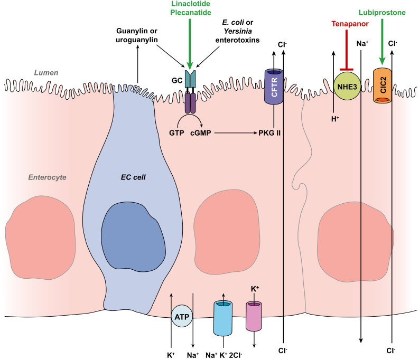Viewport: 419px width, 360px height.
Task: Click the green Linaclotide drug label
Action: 191,4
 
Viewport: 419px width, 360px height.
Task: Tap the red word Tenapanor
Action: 350,24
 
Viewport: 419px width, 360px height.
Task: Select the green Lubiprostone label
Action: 382,13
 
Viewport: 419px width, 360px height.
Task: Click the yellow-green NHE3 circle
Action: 347,86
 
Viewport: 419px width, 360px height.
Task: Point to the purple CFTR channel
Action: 274,87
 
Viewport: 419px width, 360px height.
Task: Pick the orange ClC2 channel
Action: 383,86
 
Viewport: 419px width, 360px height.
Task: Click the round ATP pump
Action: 182,317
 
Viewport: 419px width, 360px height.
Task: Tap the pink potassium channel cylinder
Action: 254,316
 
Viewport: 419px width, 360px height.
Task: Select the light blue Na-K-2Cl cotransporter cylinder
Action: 223,318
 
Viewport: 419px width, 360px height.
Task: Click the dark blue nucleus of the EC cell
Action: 133,236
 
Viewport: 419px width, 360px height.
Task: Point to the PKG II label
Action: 269,133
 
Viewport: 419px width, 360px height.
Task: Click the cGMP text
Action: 201,133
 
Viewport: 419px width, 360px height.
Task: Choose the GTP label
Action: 176,133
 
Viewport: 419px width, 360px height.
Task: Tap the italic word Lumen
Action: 46,73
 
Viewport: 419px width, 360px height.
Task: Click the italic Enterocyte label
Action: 48,177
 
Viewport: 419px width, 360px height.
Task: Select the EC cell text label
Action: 133,177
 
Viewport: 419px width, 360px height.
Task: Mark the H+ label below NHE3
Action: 335,119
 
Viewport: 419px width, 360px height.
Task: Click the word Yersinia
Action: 238,31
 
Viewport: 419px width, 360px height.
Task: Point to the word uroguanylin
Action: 136,40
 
